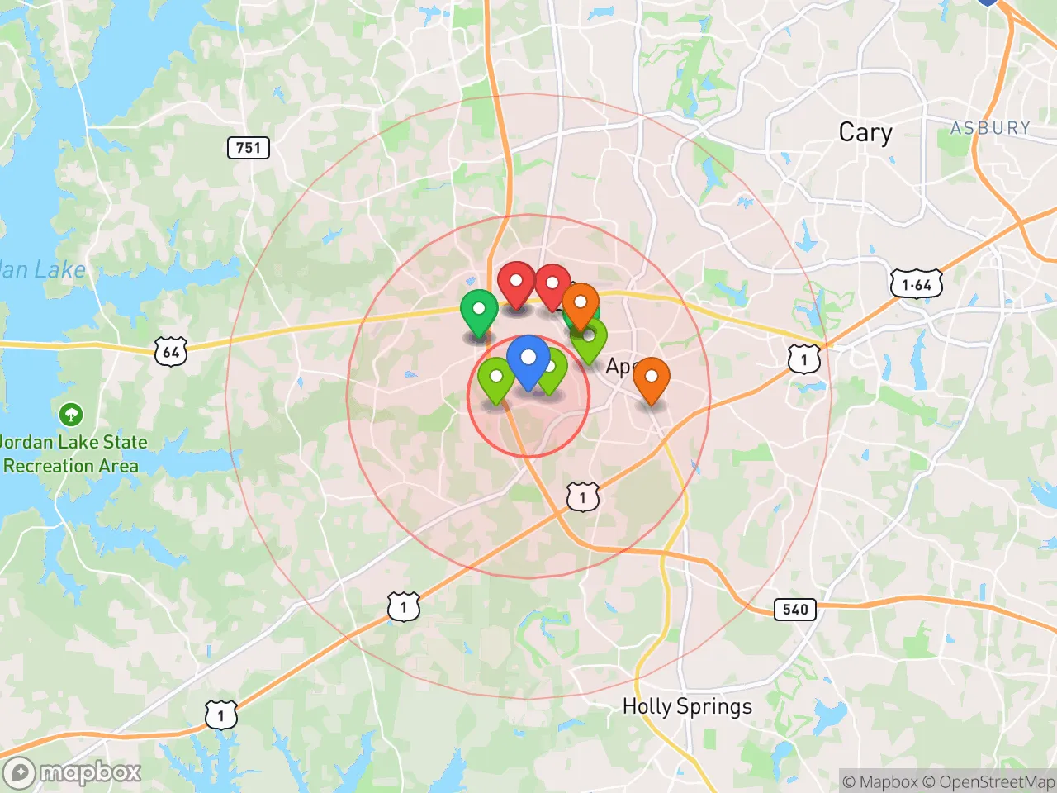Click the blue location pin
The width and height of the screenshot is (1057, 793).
(528, 360)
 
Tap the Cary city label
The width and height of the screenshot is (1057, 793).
(865, 132)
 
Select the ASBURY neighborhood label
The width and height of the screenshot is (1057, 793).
(990, 128)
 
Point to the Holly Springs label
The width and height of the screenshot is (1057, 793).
(687, 706)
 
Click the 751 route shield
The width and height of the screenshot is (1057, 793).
(248, 148)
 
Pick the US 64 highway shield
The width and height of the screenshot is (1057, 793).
(171, 352)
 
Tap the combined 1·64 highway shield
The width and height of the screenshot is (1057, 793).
(916, 285)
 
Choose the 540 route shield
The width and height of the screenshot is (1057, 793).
(794, 610)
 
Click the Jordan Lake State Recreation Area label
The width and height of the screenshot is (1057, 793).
(73, 453)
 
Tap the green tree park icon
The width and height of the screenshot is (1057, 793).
(71, 414)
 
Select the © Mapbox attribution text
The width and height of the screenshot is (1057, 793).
(880, 781)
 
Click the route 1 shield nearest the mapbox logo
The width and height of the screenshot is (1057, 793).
(220, 715)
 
